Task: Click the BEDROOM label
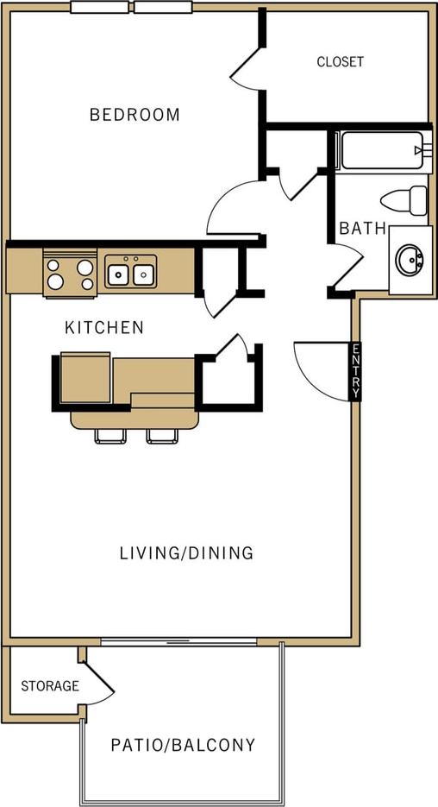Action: pos(135,114)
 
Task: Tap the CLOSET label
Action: pos(340,62)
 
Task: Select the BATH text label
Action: pos(362,229)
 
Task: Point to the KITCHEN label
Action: pos(104,328)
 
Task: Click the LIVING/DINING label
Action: pos(186,552)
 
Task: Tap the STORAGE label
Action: pos(50,686)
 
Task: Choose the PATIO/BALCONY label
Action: pos(183,745)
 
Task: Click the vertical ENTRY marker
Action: pos(355,372)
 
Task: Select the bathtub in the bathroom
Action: pos(380,151)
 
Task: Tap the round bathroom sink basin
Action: pos(410,259)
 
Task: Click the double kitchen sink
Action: pos(130,274)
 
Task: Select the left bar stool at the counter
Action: pos(110,436)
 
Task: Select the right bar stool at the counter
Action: pos(162,436)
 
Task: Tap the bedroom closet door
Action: pos(246,67)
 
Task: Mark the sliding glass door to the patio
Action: pos(179,642)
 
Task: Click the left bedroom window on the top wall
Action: pos(99,8)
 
